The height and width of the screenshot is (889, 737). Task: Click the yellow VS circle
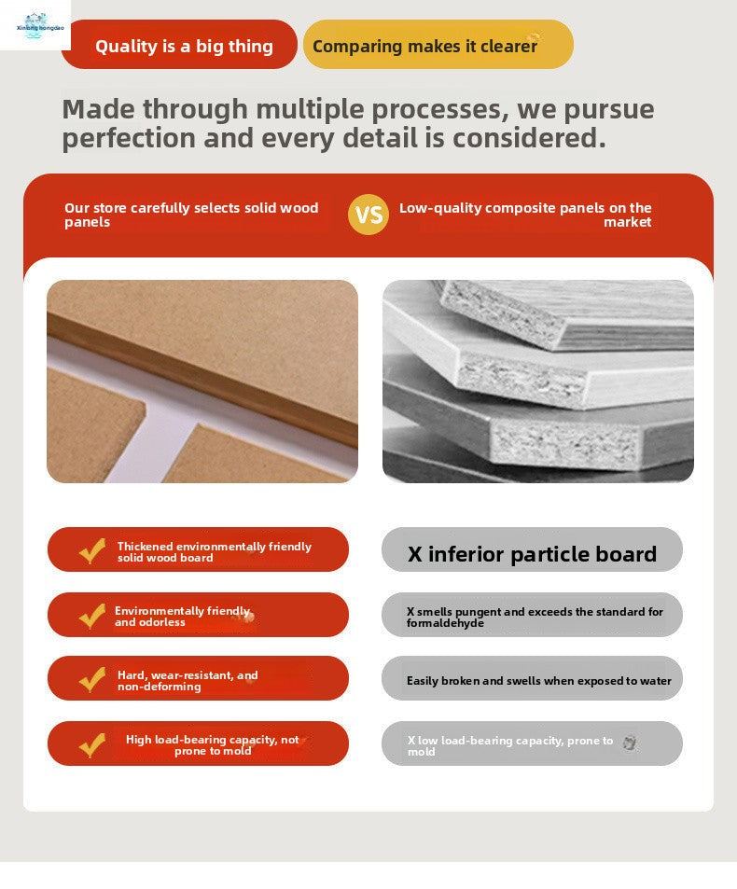[x=368, y=215]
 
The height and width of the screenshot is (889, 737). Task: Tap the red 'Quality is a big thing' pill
[x=179, y=44]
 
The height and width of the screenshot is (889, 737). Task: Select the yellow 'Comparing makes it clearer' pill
[x=438, y=44]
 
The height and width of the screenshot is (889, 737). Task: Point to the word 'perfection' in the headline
[x=129, y=138]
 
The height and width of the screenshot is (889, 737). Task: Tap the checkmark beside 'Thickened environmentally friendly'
[x=92, y=550]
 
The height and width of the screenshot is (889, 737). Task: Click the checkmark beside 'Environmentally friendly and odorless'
[x=92, y=616]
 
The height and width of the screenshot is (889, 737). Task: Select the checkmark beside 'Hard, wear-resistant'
[x=92, y=679]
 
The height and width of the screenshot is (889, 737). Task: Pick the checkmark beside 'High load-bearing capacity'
[x=92, y=744]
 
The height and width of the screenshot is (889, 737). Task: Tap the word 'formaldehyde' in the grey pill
[x=445, y=623]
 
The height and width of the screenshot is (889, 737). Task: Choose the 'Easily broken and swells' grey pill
[x=532, y=678]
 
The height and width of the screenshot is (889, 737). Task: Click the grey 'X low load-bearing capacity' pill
[x=532, y=743]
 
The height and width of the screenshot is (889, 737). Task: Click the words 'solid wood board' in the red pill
[x=165, y=558]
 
